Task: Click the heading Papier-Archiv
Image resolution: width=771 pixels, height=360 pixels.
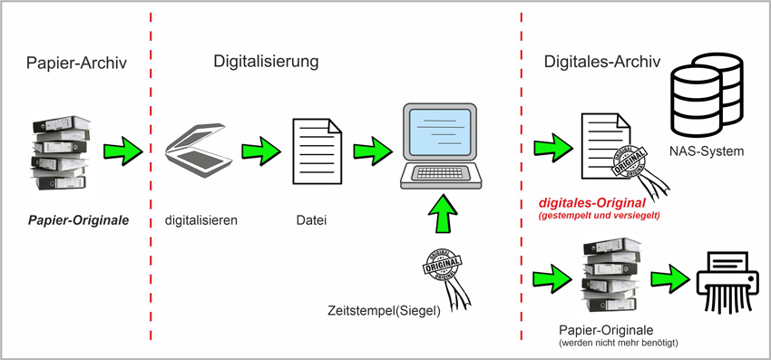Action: click(76, 63)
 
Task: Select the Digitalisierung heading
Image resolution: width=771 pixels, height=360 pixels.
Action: click(266, 62)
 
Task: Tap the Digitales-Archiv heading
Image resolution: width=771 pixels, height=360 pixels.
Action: click(602, 62)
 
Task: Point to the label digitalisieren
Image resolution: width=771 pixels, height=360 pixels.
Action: click(201, 220)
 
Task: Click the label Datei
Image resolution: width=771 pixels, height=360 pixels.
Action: click(311, 221)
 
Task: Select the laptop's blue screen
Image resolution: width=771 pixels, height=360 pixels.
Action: click(441, 131)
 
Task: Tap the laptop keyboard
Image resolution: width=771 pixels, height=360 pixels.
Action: click(440, 173)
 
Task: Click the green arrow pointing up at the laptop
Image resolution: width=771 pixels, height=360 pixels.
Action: click(443, 213)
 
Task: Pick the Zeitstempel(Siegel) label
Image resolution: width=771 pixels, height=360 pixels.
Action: click(384, 311)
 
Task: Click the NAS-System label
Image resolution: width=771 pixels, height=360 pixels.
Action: click(706, 151)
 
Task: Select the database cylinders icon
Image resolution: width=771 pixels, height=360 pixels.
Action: click(708, 94)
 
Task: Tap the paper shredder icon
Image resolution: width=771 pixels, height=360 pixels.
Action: click(728, 282)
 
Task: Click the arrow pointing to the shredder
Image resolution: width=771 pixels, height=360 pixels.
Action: click(670, 279)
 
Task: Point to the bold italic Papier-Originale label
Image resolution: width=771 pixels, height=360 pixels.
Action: click(78, 220)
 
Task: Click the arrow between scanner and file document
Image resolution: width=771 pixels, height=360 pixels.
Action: click(261, 151)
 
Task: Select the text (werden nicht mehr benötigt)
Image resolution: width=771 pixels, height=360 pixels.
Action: click(619, 342)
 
